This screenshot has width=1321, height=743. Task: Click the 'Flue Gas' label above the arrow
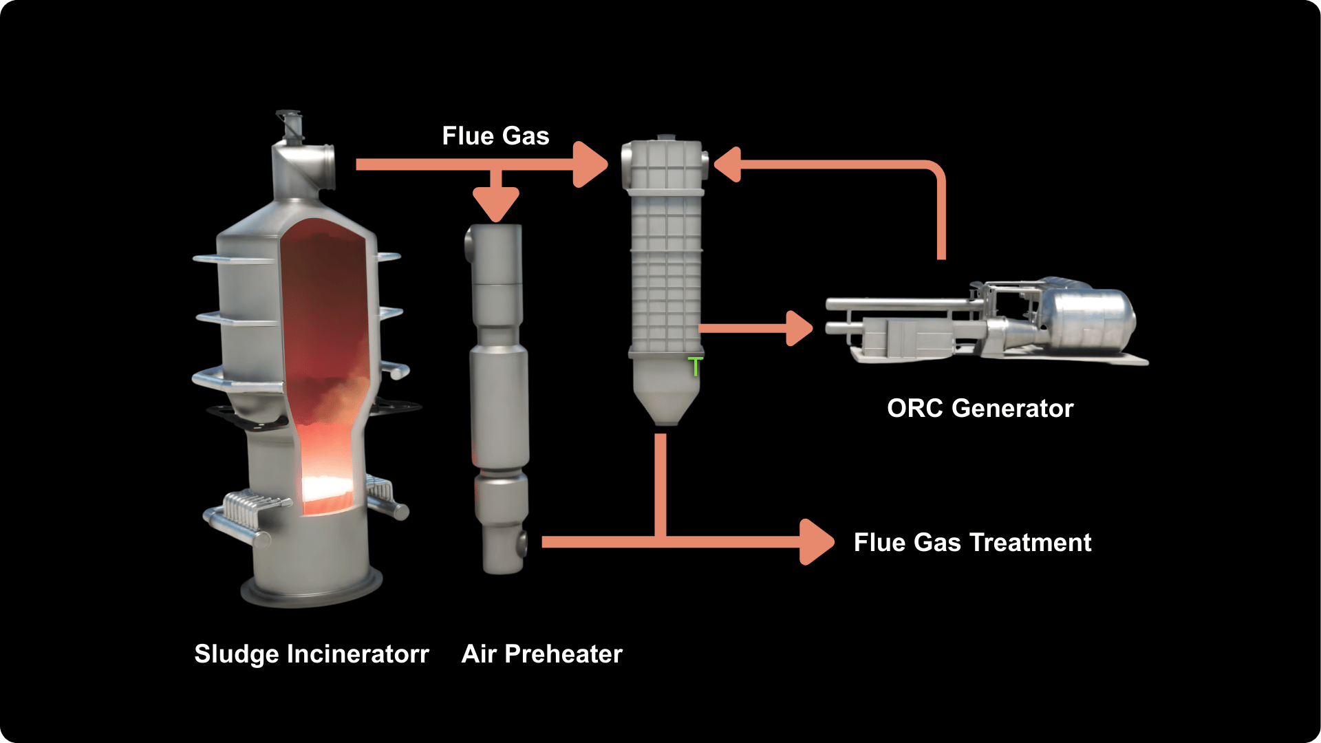(x=495, y=136)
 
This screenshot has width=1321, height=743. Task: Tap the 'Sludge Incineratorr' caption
(x=312, y=654)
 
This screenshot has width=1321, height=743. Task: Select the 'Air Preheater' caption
(x=542, y=654)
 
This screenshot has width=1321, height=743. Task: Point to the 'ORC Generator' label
(x=980, y=409)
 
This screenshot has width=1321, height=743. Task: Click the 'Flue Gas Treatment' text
(x=972, y=543)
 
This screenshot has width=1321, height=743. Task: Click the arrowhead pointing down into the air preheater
(x=496, y=205)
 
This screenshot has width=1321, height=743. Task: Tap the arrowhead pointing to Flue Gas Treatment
(x=817, y=542)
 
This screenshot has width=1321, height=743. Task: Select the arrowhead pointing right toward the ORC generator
(x=799, y=328)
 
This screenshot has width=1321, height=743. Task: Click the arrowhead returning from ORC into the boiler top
(x=727, y=164)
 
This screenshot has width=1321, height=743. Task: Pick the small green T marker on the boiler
(x=696, y=367)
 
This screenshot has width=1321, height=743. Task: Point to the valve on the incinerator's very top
(x=290, y=125)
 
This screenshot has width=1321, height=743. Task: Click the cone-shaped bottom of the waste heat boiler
(x=665, y=399)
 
